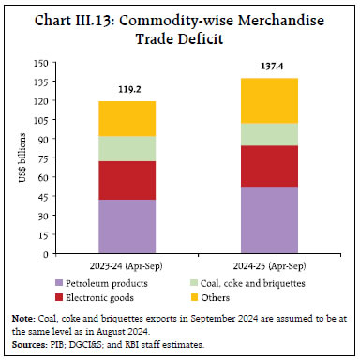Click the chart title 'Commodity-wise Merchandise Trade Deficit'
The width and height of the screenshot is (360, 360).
(x=180, y=27)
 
